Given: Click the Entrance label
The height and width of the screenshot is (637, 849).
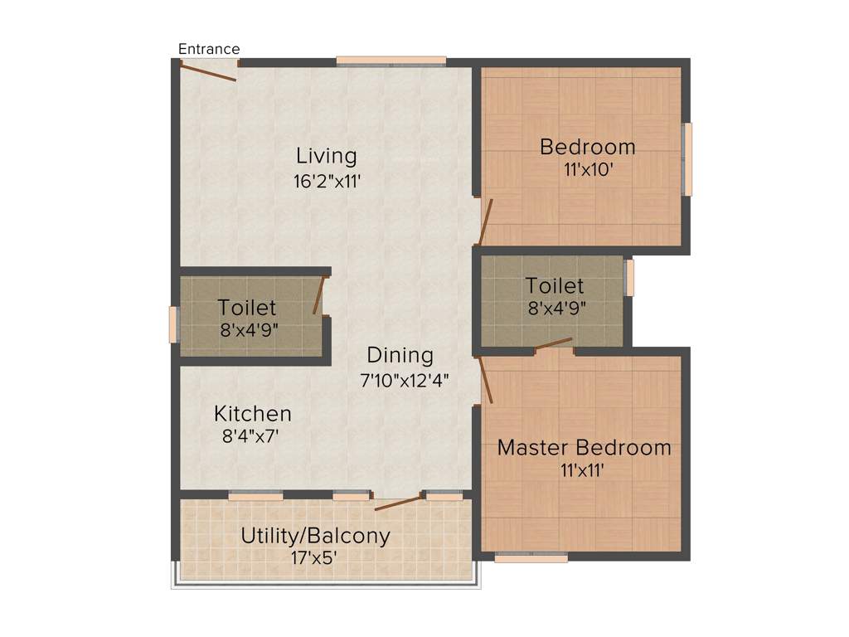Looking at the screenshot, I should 209,49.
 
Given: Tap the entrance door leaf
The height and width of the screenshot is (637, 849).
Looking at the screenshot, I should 208,72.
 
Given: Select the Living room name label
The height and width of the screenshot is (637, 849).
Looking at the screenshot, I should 327,156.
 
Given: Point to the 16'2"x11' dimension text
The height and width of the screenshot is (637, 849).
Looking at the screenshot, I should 327,181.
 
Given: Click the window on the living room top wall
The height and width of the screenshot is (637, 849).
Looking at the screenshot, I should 391,61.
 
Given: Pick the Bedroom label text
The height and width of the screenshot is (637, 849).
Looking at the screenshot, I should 587,148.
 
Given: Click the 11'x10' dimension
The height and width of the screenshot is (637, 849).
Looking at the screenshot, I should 587,171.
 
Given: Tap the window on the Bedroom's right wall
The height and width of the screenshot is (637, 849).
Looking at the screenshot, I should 686,159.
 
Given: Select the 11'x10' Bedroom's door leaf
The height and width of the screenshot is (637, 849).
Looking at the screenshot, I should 486,221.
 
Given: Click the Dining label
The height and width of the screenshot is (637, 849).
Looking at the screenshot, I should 400,356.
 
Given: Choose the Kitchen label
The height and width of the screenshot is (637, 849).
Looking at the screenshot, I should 253,413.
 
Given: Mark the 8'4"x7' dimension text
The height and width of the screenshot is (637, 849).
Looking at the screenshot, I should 253,436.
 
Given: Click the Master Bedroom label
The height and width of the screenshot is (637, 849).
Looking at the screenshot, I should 584,448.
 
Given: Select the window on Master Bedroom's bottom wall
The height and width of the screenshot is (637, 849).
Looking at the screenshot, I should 531,558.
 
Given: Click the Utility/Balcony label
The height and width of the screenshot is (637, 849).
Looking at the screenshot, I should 315,536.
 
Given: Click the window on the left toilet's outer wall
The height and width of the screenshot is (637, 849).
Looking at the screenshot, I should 173,324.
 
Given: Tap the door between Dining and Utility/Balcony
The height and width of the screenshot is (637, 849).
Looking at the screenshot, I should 398,503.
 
